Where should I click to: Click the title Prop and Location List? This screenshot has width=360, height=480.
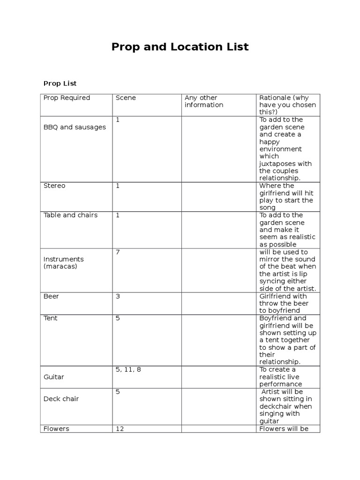coord(180,47)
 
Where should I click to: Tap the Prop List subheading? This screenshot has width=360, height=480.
coord(60,83)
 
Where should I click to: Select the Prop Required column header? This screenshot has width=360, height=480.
coord(67,98)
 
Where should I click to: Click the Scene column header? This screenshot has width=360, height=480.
coord(126,98)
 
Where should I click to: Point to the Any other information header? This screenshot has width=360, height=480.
coord(204,101)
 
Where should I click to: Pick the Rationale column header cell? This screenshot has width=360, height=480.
coord(287,105)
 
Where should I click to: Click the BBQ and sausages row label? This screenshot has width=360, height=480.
coord(75,127)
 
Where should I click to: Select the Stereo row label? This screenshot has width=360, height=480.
coord(54,186)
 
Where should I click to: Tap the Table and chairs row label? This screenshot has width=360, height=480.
coord(70,215)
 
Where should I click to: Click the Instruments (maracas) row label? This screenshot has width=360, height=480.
coord(64,262)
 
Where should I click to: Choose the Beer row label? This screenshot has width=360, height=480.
coord(51,296)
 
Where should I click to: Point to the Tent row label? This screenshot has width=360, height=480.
coord(51,318)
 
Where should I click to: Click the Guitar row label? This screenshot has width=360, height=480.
coord(53,377)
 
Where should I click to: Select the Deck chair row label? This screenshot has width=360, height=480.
coord(61,399)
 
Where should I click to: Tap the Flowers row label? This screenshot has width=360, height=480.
coord(56,428)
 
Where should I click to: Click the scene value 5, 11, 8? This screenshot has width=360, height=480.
coord(128,369)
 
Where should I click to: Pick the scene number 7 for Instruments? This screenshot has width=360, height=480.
coord(118,252)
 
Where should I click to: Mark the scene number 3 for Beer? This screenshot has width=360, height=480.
coord(118,296)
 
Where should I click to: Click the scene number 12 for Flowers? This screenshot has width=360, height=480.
coord(120,428)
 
